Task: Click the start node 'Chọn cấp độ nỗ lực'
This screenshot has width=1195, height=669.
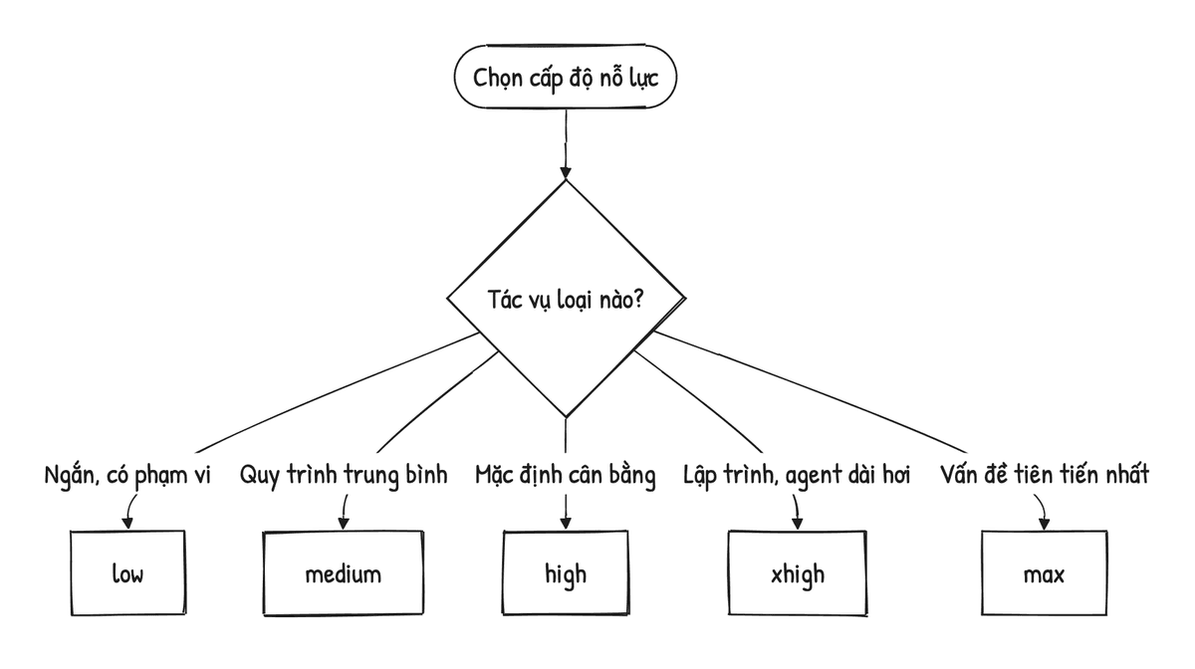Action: point(566,77)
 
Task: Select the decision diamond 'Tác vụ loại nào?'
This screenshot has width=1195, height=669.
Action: point(566,299)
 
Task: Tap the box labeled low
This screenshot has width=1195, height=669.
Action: point(128,573)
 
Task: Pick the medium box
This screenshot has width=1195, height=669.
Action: point(344,573)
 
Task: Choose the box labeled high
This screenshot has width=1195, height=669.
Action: point(566,573)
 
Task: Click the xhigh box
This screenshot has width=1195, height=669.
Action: point(798,573)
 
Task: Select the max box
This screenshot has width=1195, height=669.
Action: point(1044,573)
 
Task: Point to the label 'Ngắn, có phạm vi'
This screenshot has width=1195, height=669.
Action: point(127,475)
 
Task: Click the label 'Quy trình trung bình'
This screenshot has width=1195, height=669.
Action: point(344,475)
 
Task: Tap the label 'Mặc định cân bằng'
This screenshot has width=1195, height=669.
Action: point(566,475)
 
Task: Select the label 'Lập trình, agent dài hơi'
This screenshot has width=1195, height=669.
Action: point(797,475)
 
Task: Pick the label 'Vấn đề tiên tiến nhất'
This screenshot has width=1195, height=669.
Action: point(1045,474)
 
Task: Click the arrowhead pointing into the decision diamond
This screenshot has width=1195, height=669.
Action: point(566,173)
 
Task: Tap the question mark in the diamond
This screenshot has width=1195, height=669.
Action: point(637,300)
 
